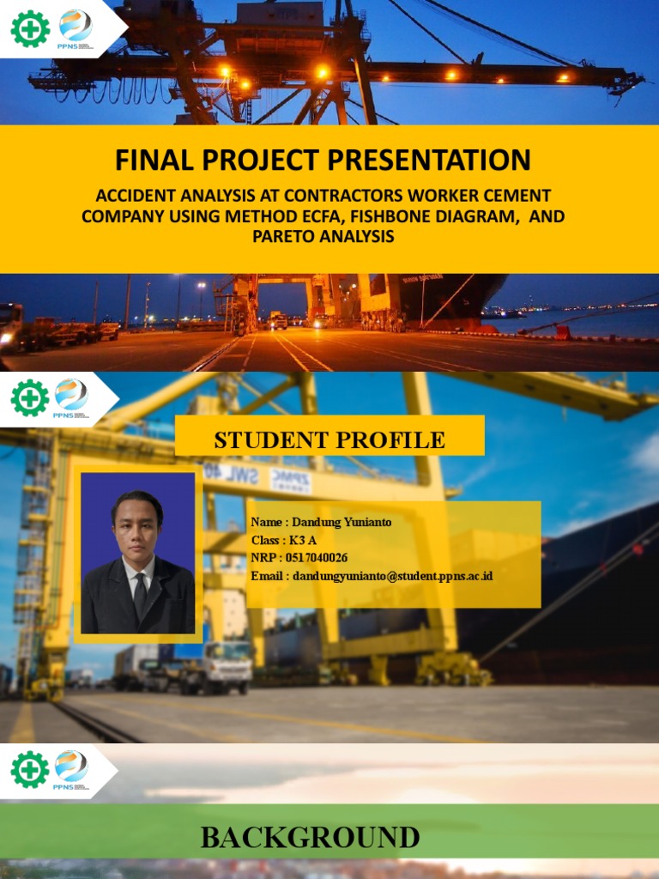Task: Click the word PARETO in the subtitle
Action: tap(283, 236)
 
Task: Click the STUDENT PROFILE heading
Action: tap(329, 440)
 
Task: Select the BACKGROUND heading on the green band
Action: tap(310, 838)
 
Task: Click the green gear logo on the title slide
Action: tap(29, 28)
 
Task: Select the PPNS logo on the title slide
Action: tap(75, 28)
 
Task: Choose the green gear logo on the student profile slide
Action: tap(29, 398)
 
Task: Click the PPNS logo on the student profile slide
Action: tap(71, 398)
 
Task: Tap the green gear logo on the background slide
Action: tap(29, 769)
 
